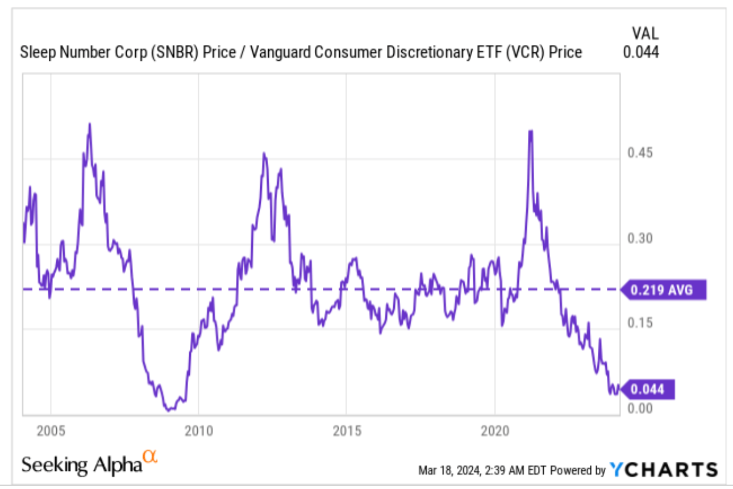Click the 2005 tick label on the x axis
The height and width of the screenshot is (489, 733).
51,431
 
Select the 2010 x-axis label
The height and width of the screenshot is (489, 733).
199,431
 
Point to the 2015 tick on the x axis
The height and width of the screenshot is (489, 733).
347,431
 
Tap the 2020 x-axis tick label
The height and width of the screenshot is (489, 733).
495,431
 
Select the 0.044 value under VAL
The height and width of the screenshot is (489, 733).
640,52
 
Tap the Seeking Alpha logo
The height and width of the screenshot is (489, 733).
88,463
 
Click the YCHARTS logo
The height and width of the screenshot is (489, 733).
664,470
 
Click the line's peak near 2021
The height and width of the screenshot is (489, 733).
530,132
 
